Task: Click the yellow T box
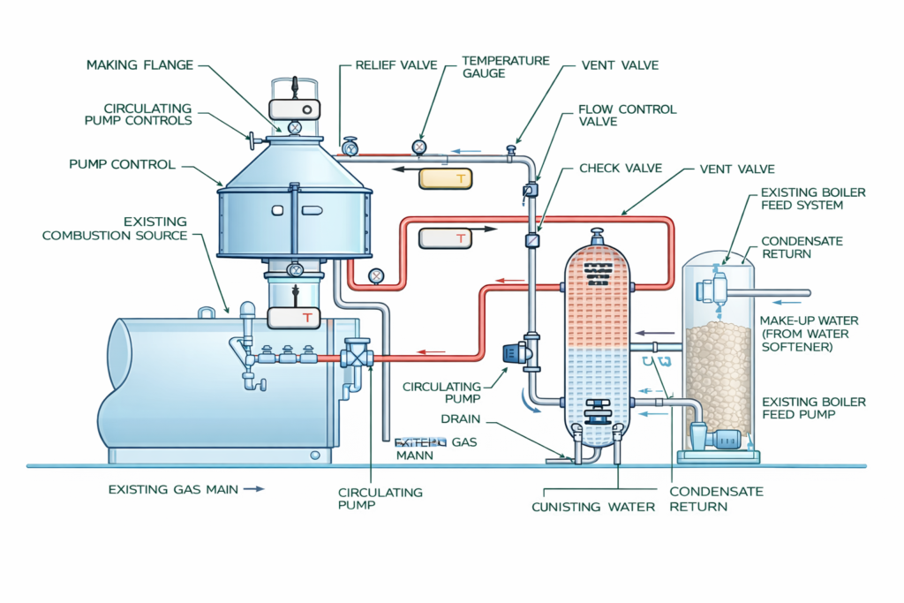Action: [x=447, y=178]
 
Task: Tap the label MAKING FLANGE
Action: [x=139, y=65]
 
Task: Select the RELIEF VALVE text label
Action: [x=394, y=65]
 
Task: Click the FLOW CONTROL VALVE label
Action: [x=627, y=116]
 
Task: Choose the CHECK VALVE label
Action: [x=618, y=168]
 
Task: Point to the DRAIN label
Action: [x=460, y=418]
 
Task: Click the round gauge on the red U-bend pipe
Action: [x=376, y=276]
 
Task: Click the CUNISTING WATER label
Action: [x=593, y=507]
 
